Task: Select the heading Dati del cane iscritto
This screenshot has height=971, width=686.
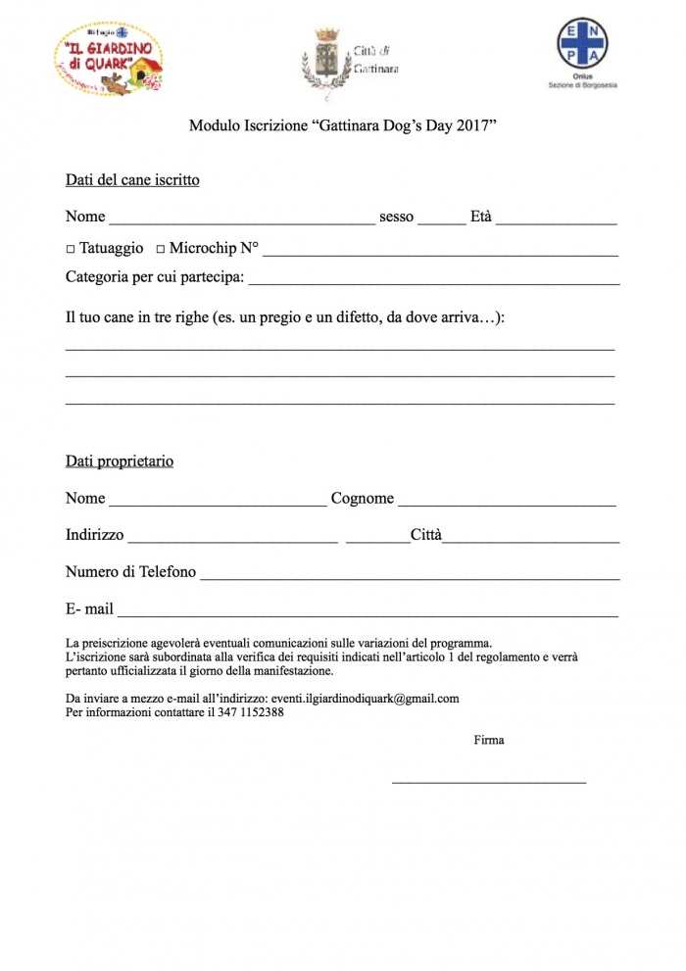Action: click(x=132, y=180)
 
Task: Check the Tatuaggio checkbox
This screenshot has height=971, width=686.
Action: click(x=71, y=250)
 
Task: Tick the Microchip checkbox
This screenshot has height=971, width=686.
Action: click(x=161, y=250)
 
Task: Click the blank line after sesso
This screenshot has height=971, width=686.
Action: click(x=442, y=222)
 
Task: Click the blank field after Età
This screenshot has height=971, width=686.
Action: click(x=556, y=222)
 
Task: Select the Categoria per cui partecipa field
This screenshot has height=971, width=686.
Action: click(x=434, y=282)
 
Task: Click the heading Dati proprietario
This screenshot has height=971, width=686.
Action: click(x=120, y=461)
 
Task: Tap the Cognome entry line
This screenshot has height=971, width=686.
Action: click(x=507, y=504)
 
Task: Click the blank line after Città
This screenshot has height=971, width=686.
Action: click(x=530, y=540)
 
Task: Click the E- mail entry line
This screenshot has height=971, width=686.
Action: click(x=367, y=614)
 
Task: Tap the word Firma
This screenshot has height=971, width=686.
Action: click(x=489, y=740)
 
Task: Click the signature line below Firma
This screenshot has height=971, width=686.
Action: click(x=489, y=781)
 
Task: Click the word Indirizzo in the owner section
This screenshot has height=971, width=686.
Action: click(x=94, y=535)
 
